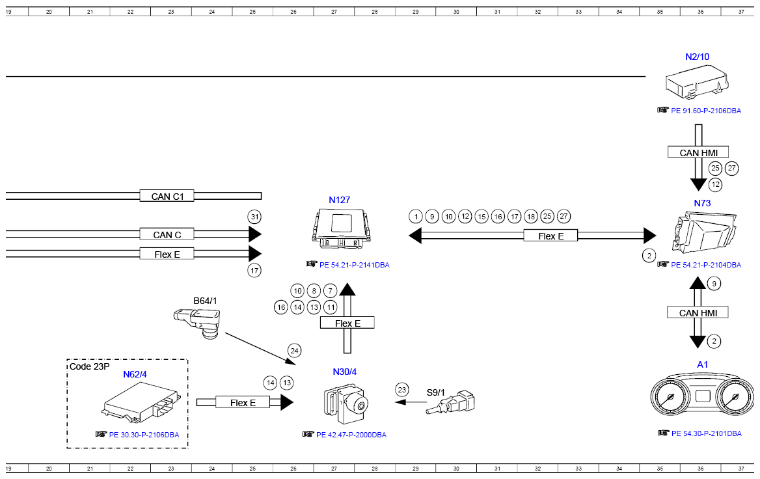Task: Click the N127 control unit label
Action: (x=339, y=200)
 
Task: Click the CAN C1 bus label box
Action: (x=167, y=197)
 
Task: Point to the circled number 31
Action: (x=254, y=217)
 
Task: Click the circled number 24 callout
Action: (x=294, y=351)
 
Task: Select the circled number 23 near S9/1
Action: (x=402, y=389)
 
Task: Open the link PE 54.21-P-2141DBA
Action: (x=355, y=265)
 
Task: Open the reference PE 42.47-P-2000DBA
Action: (x=351, y=435)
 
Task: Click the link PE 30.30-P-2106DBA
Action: (x=144, y=435)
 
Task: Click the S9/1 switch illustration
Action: (x=451, y=402)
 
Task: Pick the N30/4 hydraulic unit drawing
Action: (x=346, y=404)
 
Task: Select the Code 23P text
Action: (x=90, y=366)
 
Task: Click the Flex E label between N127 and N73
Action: (x=550, y=236)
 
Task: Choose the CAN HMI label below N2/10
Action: (x=698, y=152)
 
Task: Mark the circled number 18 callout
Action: (x=531, y=217)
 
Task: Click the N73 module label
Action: (x=702, y=203)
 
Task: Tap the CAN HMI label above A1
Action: (x=698, y=312)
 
